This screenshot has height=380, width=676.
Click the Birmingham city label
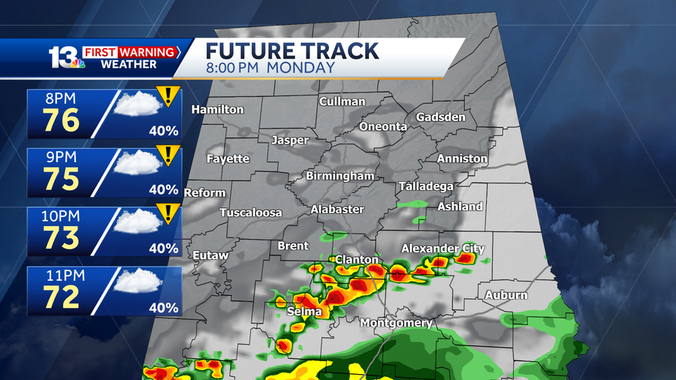click(340, 176)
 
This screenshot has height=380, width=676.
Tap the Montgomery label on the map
click(396, 323)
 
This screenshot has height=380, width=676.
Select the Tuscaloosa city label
click(251, 213)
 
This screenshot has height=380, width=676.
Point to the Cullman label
click(342, 101)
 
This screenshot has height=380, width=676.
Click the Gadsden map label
click(441, 117)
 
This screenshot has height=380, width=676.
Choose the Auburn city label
click(505, 295)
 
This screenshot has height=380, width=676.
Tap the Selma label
click(304, 311)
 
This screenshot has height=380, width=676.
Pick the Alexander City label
click(442, 249)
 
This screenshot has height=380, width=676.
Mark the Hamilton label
click(218, 110)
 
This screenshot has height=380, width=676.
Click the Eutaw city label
click(210, 255)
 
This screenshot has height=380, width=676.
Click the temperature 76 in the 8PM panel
click(61, 119)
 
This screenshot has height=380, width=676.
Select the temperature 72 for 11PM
click(61, 297)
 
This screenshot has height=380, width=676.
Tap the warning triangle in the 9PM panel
click(169, 155)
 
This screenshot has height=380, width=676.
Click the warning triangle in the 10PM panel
click(169, 213)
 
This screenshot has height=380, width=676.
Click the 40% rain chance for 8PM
click(163, 131)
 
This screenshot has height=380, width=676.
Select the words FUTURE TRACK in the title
click(293, 51)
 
